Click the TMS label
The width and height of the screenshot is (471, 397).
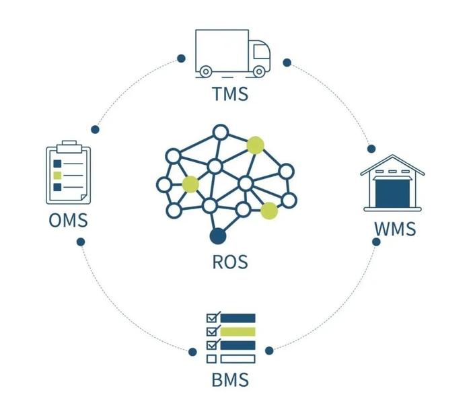230,93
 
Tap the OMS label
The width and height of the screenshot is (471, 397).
67,220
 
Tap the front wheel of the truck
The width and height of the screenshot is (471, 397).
258,71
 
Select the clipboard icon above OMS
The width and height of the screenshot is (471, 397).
67,174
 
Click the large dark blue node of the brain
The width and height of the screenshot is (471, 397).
217,236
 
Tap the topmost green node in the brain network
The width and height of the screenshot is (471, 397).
255,145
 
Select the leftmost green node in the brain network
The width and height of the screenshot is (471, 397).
190,184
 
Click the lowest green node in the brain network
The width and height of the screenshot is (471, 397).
269,211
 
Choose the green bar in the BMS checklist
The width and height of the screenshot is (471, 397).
238,332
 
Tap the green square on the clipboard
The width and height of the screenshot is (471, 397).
57,175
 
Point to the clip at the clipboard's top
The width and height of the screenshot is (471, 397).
67,145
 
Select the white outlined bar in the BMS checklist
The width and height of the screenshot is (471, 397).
238,358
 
